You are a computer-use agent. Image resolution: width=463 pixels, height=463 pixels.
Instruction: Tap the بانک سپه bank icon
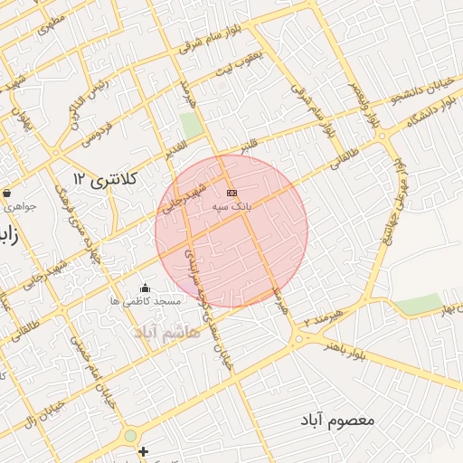[232, 194]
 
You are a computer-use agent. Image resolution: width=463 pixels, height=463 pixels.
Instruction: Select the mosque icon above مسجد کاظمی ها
[145, 288]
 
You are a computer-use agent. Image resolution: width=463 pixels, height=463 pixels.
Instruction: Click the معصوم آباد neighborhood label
[339, 420]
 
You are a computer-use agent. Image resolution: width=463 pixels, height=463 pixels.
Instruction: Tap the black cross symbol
[143, 450]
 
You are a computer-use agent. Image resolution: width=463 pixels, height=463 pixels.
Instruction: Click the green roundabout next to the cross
[130, 436]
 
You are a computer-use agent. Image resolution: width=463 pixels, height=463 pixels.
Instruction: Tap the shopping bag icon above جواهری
[7, 193]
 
